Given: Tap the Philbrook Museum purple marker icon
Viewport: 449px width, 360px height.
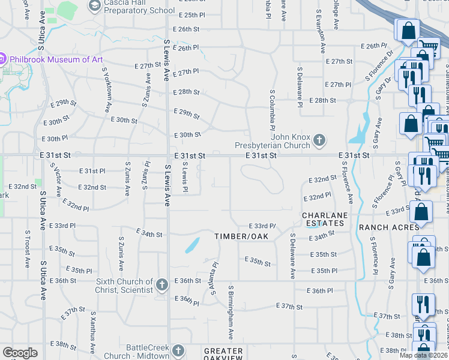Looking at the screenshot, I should point(2,59).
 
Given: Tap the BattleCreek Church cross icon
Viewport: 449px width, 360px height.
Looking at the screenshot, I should point(178,350).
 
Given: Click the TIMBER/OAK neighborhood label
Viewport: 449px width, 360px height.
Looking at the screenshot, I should point(241,236).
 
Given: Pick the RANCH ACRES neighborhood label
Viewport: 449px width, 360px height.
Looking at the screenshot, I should point(389,227).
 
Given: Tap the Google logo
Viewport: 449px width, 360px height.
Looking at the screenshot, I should point(20,353).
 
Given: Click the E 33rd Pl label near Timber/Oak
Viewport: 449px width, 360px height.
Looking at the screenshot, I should point(262,226).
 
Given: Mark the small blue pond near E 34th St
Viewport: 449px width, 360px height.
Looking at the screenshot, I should point(192,245).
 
